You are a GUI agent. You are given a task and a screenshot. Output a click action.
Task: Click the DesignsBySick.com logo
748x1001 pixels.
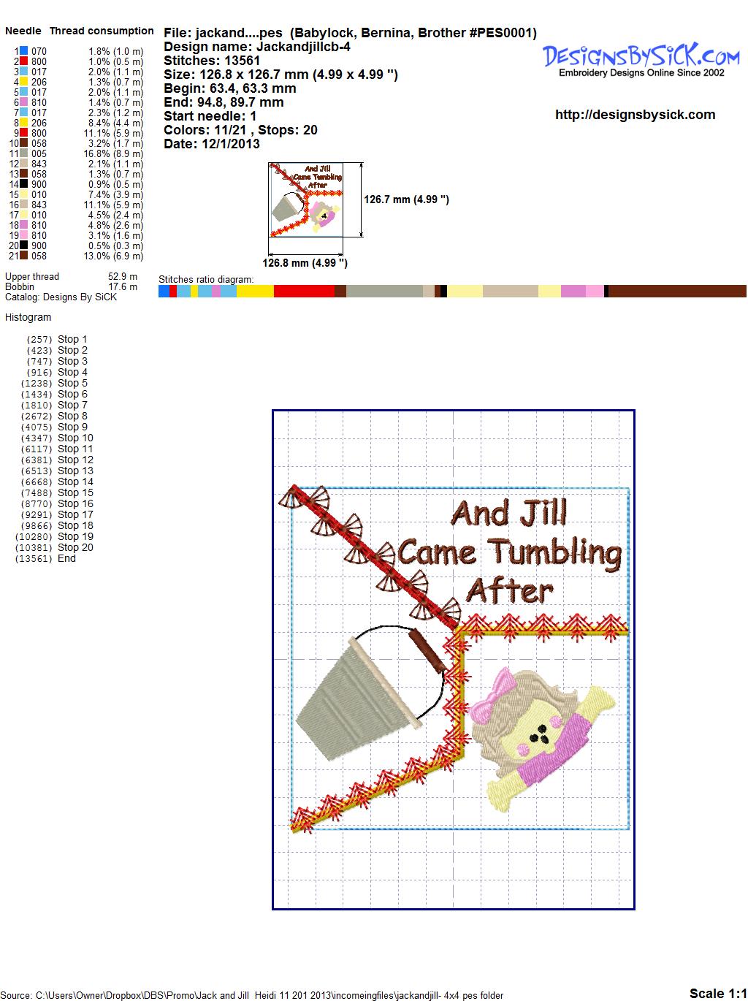641,60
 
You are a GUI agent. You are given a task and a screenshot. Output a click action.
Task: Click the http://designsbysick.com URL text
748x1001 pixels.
635,115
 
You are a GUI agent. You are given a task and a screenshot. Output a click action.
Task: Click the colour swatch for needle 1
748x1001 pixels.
23,51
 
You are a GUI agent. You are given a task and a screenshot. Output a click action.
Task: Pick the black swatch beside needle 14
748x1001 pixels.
23,184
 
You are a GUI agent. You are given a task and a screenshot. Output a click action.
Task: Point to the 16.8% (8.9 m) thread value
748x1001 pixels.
113,153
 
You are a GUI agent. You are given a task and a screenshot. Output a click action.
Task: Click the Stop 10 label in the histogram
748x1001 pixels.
75,438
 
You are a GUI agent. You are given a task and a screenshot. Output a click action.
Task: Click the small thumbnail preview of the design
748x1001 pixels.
306,199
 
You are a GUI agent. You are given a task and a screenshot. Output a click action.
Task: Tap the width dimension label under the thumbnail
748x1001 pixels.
305,263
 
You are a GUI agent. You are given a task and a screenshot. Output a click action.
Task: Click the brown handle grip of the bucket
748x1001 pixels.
427,650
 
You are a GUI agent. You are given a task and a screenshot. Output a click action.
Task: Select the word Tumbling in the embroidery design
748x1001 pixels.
556,554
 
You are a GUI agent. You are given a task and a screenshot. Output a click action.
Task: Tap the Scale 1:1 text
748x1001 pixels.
718,993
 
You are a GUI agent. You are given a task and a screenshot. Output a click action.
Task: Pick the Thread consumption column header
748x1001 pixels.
102,31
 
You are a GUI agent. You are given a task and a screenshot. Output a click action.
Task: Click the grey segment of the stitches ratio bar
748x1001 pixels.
384,291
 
